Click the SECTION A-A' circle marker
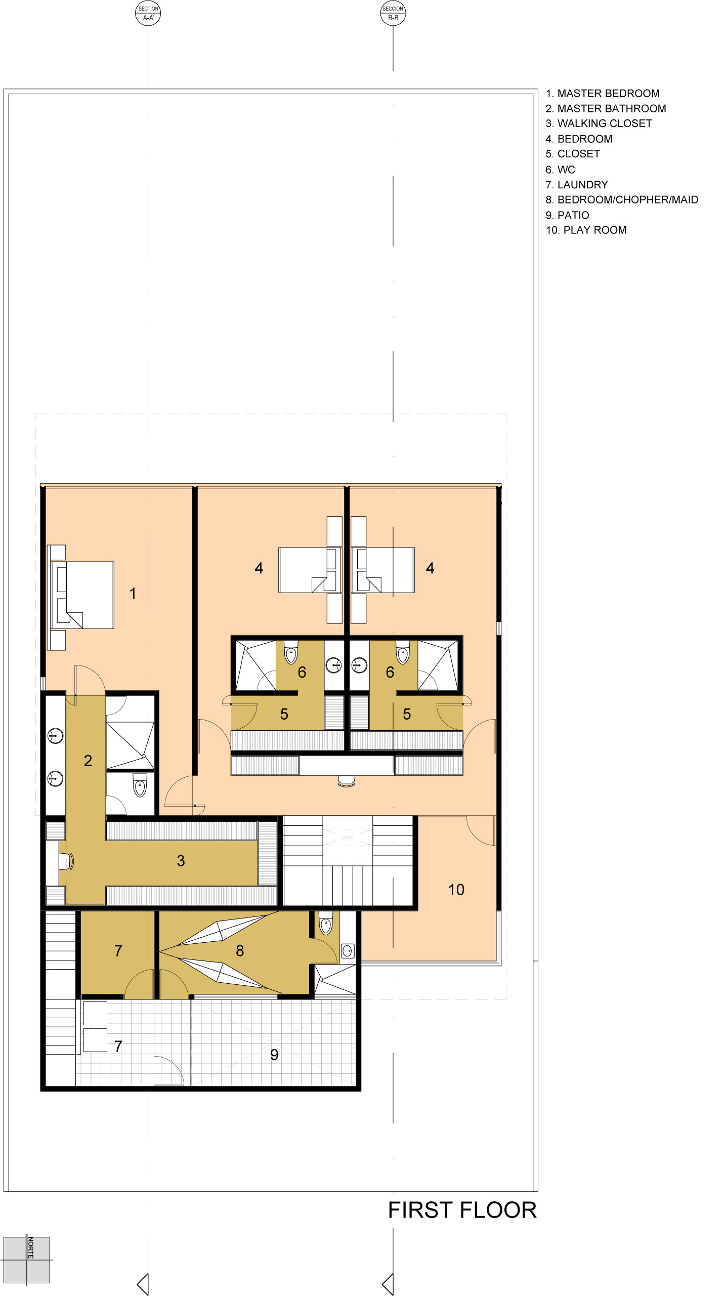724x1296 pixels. [x=148, y=13]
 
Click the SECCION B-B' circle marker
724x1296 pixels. [x=393, y=13]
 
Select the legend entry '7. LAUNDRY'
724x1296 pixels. [x=577, y=185]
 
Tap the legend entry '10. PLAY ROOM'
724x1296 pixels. [x=586, y=230]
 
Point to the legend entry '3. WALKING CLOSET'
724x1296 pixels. [x=599, y=123]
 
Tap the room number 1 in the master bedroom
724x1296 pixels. [x=133, y=594]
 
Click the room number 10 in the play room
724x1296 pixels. [x=456, y=890]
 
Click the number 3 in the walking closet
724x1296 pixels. [x=181, y=861]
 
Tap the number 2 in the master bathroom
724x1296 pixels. [x=88, y=761]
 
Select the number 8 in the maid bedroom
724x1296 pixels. [x=240, y=951]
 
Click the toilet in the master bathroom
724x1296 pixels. [x=140, y=785]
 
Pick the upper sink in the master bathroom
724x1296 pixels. [x=56, y=735]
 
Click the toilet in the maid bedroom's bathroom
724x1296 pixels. [x=326, y=924]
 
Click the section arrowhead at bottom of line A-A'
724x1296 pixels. [x=143, y=1284]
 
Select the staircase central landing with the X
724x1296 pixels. [x=348, y=840]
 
